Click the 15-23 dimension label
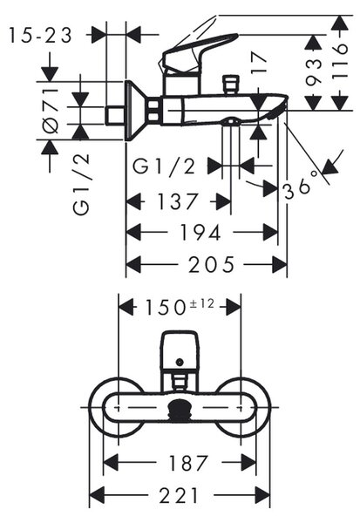point(40,36)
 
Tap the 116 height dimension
point(340,62)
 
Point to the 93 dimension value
point(314,71)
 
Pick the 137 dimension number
point(178,201)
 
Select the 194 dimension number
point(200,233)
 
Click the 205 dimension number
point(212,265)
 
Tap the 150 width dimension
point(165,307)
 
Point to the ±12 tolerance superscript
point(202,304)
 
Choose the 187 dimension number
point(188,463)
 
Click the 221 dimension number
point(179,495)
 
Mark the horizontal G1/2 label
point(164,166)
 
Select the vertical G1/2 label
point(81,184)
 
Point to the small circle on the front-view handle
point(180,362)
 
